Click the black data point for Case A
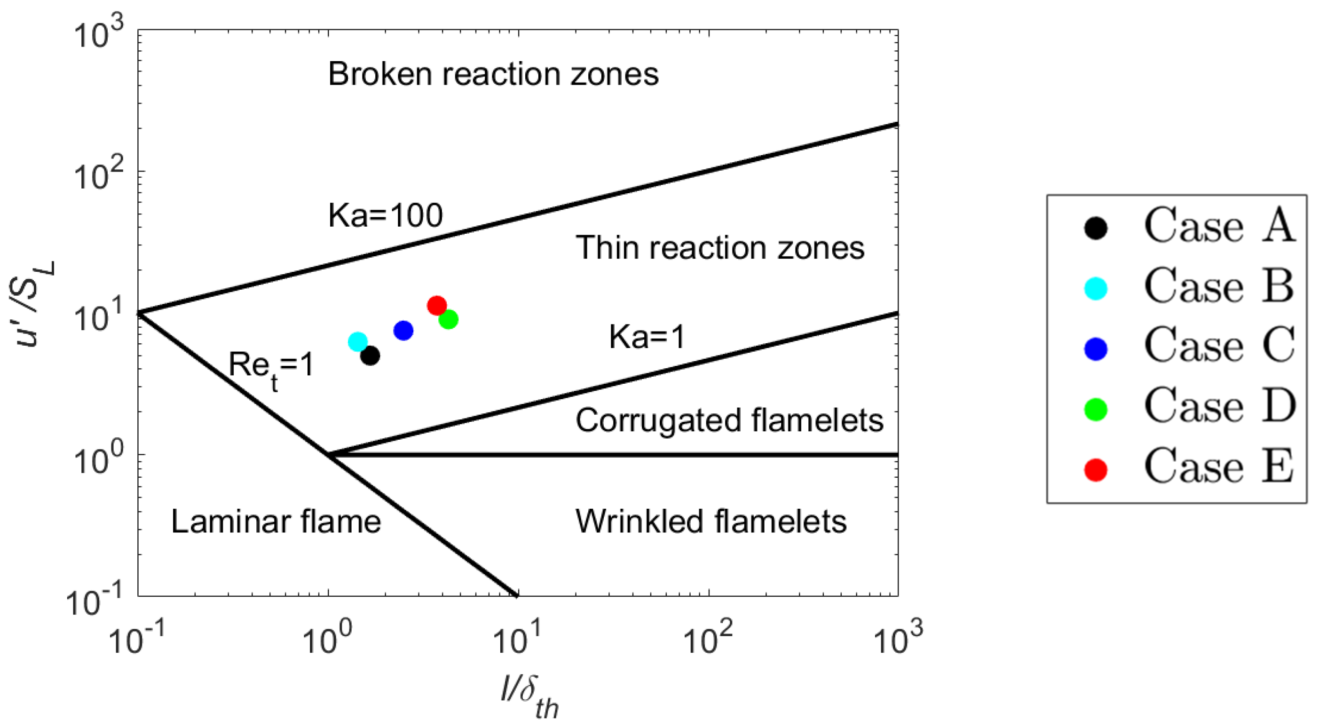point(370,356)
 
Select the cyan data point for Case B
point(358,342)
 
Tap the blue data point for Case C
point(403,331)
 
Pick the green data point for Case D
point(448,320)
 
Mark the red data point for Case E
point(436,306)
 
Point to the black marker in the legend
point(1096,228)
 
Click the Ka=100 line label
point(385,215)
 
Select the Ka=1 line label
point(647,337)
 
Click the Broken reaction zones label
point(493,74)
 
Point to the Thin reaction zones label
point(720,248)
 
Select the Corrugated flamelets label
point(729,420)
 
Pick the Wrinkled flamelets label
point(710,522)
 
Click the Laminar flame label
point(276,522)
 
